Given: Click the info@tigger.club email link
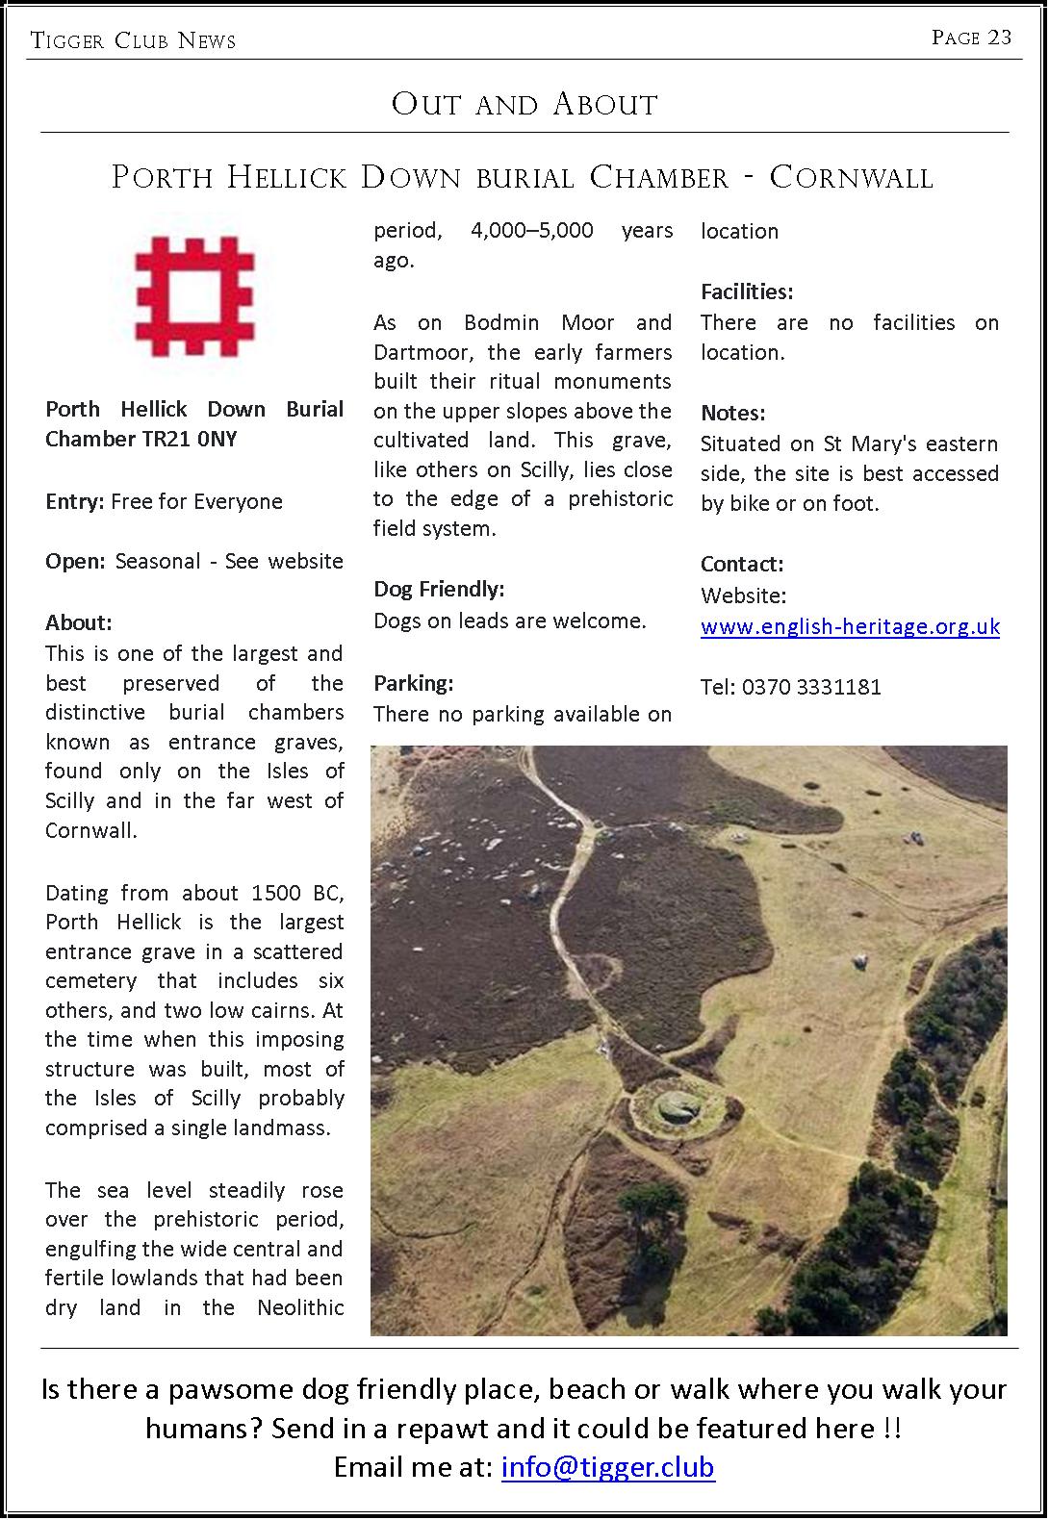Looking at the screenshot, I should [x=607, y=1467].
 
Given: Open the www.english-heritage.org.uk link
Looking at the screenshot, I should [x=850, y=627].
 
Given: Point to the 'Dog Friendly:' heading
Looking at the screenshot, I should [x=439, y=589].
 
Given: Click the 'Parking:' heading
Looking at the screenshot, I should [x=413, y=683].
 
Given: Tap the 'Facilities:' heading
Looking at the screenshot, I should [x=747, y=291].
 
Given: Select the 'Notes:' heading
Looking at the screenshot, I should [x=732, y=413].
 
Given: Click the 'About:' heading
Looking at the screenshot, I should [x=79, y=622].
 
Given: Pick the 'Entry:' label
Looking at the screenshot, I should [x=75, y=501].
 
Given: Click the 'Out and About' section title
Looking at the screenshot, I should [x=524, y=104].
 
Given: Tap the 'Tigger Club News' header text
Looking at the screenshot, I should [x=133, y=39].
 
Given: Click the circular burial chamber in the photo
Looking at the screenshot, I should [x=674, y=1113].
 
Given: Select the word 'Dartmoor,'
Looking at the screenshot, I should [x=422, y=352].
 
